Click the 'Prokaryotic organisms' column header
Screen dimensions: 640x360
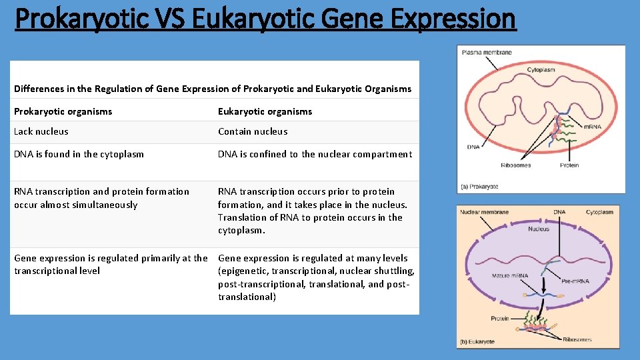tap(63, 111)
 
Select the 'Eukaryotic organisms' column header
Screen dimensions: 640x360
tap(265, 111)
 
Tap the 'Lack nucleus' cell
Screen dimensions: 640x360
tap(41, 131)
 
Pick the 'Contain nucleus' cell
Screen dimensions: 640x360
tap(253, 131)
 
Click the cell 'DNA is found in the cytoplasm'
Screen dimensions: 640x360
tap(79, 154)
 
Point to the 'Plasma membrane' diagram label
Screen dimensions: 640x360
tap(487, 52)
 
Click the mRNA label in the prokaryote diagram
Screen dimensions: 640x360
tap(593, 127)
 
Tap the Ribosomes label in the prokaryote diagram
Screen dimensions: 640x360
tap(515, 165)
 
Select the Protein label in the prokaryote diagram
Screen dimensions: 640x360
tap(569, 165)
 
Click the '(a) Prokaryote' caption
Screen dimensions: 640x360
tap(479, 187)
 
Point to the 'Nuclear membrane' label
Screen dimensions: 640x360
tap(484, 212)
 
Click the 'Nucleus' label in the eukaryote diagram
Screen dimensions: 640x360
tap(539, 229)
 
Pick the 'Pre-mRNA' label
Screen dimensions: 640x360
tap(575, 281)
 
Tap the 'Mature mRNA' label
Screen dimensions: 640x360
tap(510, 275)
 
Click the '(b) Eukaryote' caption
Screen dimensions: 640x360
tap(477, 341)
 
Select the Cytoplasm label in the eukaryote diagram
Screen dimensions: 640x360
tap(599, 212)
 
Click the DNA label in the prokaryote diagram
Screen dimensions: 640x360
tap(473, 147)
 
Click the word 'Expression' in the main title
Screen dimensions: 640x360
tap(453, 19)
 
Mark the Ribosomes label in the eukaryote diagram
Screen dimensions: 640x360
tap(577, 339)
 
